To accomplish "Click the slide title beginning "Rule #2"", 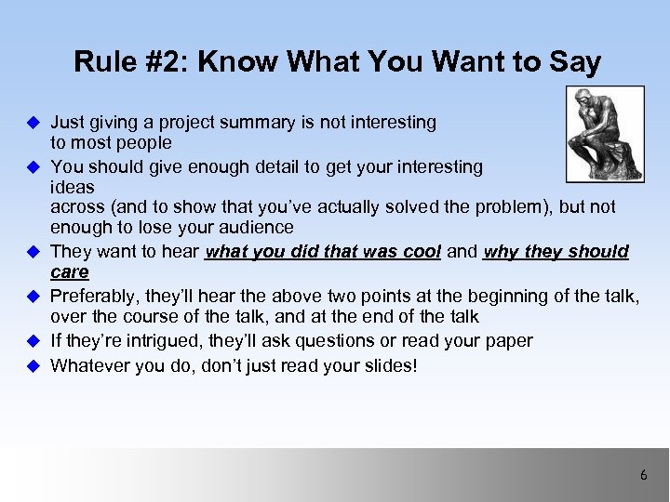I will (x=337, y=62).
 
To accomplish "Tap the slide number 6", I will (x=643, y=475).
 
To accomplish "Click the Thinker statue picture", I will (x=604, y=134).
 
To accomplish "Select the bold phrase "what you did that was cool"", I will (x=322, y=252).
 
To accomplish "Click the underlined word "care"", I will (x=70, y=271).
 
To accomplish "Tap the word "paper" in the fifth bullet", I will (x=508, y=341).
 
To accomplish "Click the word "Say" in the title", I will (x=576, y=62).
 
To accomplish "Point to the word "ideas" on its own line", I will (x=72, y=187).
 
